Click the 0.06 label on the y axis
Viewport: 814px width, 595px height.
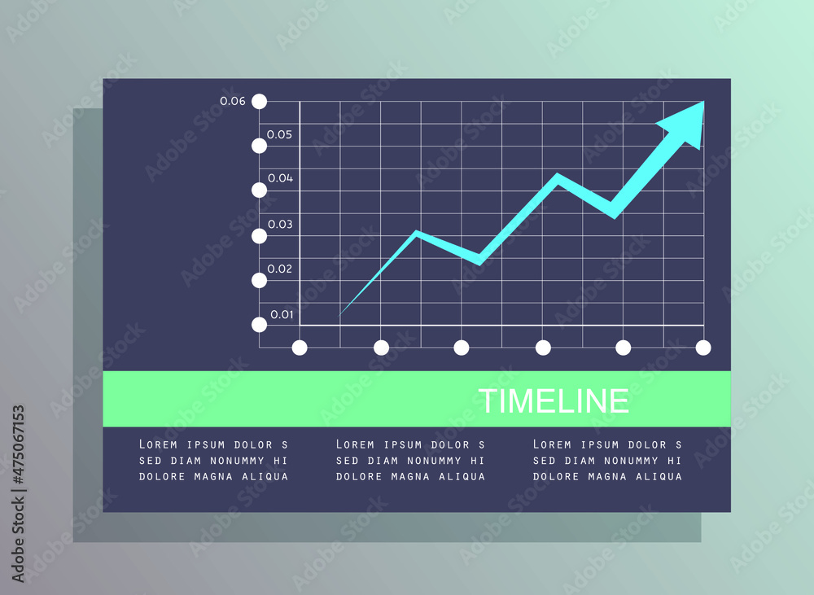coord(232,101)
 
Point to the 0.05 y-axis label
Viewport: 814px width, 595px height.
coord(279,134)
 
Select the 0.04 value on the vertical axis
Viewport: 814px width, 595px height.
coord(280,178)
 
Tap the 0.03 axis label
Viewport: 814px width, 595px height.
coord(280,225)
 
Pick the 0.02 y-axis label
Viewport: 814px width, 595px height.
coord(279,269)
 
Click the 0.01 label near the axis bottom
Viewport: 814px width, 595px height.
coord(282,315)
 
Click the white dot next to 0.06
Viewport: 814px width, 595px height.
coord(259,101)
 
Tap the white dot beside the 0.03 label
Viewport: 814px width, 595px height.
coord(259,236)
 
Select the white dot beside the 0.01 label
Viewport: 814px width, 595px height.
coord(259,325)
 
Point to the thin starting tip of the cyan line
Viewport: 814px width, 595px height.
coord(339,315)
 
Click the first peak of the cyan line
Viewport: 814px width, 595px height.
coord(416,232)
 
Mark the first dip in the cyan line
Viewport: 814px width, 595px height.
coord(479,260)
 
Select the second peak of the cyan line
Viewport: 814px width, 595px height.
coord(558,176)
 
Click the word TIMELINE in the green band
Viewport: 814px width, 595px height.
coord(554,400)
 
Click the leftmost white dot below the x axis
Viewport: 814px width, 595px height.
coord(300,348)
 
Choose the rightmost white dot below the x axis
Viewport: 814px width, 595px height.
coord(703,348)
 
